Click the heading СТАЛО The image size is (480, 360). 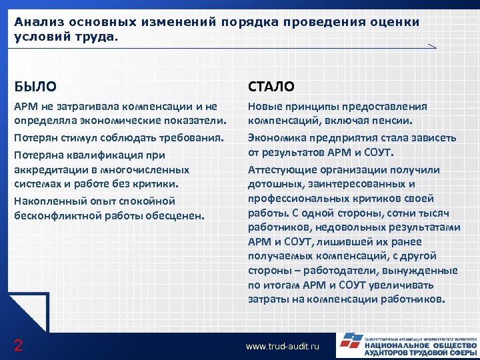[x=271, y=86]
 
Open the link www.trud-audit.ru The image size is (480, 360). [x=283, y=347]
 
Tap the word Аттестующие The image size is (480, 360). [x=279, y=169]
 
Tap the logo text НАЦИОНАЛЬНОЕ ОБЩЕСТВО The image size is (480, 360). [x=420, y=346]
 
